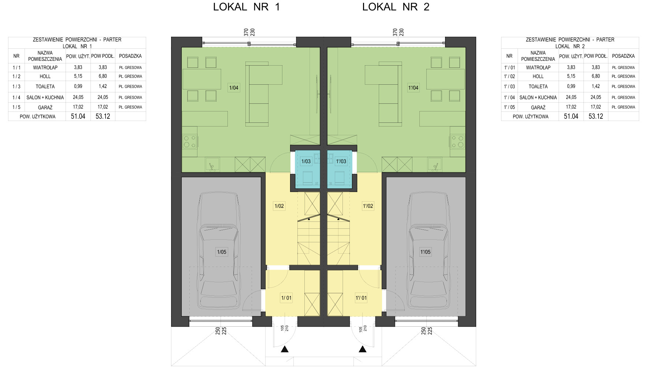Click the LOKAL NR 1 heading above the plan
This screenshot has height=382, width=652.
click(246, 7)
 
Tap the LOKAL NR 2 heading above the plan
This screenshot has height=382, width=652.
click(396, 7)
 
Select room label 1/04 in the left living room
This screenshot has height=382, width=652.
click(234, 88)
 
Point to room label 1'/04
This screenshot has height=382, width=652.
click(413, 88)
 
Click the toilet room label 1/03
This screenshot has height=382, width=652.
click(306, 161)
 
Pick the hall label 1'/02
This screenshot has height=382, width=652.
click(368, 206)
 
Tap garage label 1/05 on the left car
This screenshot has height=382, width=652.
click(222, 252)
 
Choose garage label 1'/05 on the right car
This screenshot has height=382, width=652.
click(425, 252)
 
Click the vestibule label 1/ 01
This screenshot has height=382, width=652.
click(286, 298)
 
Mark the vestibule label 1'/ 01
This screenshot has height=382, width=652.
click(361, 298)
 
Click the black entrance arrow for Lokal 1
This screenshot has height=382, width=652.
click(285, 349)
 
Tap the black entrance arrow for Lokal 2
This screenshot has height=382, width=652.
click(363, 349)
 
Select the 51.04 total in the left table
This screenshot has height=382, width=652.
click(78, 116)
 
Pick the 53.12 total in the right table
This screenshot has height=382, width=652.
click(596, 116)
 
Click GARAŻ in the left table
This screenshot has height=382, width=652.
click(45, 107)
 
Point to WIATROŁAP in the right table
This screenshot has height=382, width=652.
click(538, 67)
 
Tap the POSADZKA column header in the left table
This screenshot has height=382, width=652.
click(130, 56)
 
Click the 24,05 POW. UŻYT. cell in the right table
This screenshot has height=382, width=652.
click(571, 98)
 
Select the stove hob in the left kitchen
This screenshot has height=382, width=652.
click(190, 142)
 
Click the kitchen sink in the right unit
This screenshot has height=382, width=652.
click(435, 164)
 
